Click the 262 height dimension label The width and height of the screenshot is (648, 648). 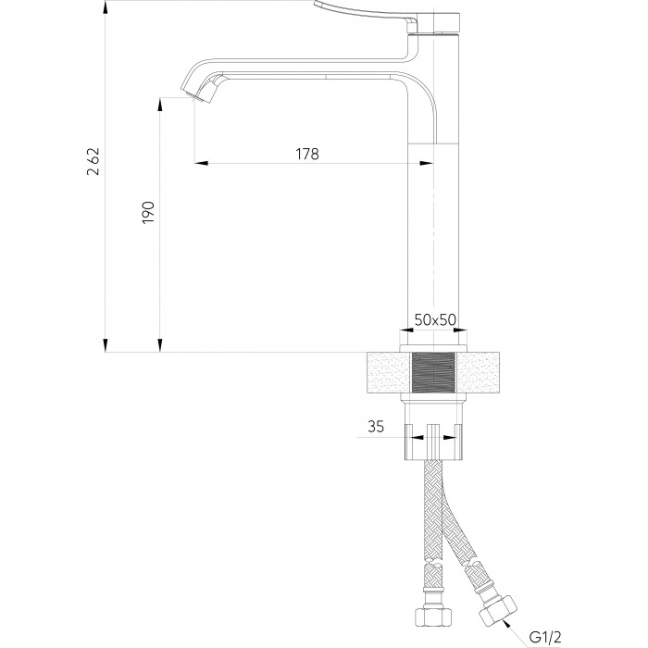click(x=93, y=161)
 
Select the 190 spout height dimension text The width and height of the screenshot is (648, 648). click(x=148, y=213)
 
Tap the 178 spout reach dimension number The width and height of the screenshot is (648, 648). click(x=307, y=155)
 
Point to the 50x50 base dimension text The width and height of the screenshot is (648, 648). click(x=435, y=319)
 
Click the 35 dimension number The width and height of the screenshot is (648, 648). click(x=376, y=426)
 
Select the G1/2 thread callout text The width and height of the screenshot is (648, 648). click(x=545, y=637)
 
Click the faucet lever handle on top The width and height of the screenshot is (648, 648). click(x=366, y=11)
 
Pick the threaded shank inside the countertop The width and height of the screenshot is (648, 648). click(x=433, y=372)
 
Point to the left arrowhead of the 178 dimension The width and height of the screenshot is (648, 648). click(x=201, y=163)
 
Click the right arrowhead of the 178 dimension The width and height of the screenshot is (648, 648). click(x=427, y=163)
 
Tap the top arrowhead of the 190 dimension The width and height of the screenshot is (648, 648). click(x=160, y=105)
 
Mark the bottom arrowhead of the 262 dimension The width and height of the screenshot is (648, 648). click(x=106, y=345)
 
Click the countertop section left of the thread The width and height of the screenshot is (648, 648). click(x=390, y=372)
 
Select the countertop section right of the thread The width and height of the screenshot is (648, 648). click(x=478, y=372)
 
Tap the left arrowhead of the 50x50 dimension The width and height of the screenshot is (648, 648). click(x=407, y=330)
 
